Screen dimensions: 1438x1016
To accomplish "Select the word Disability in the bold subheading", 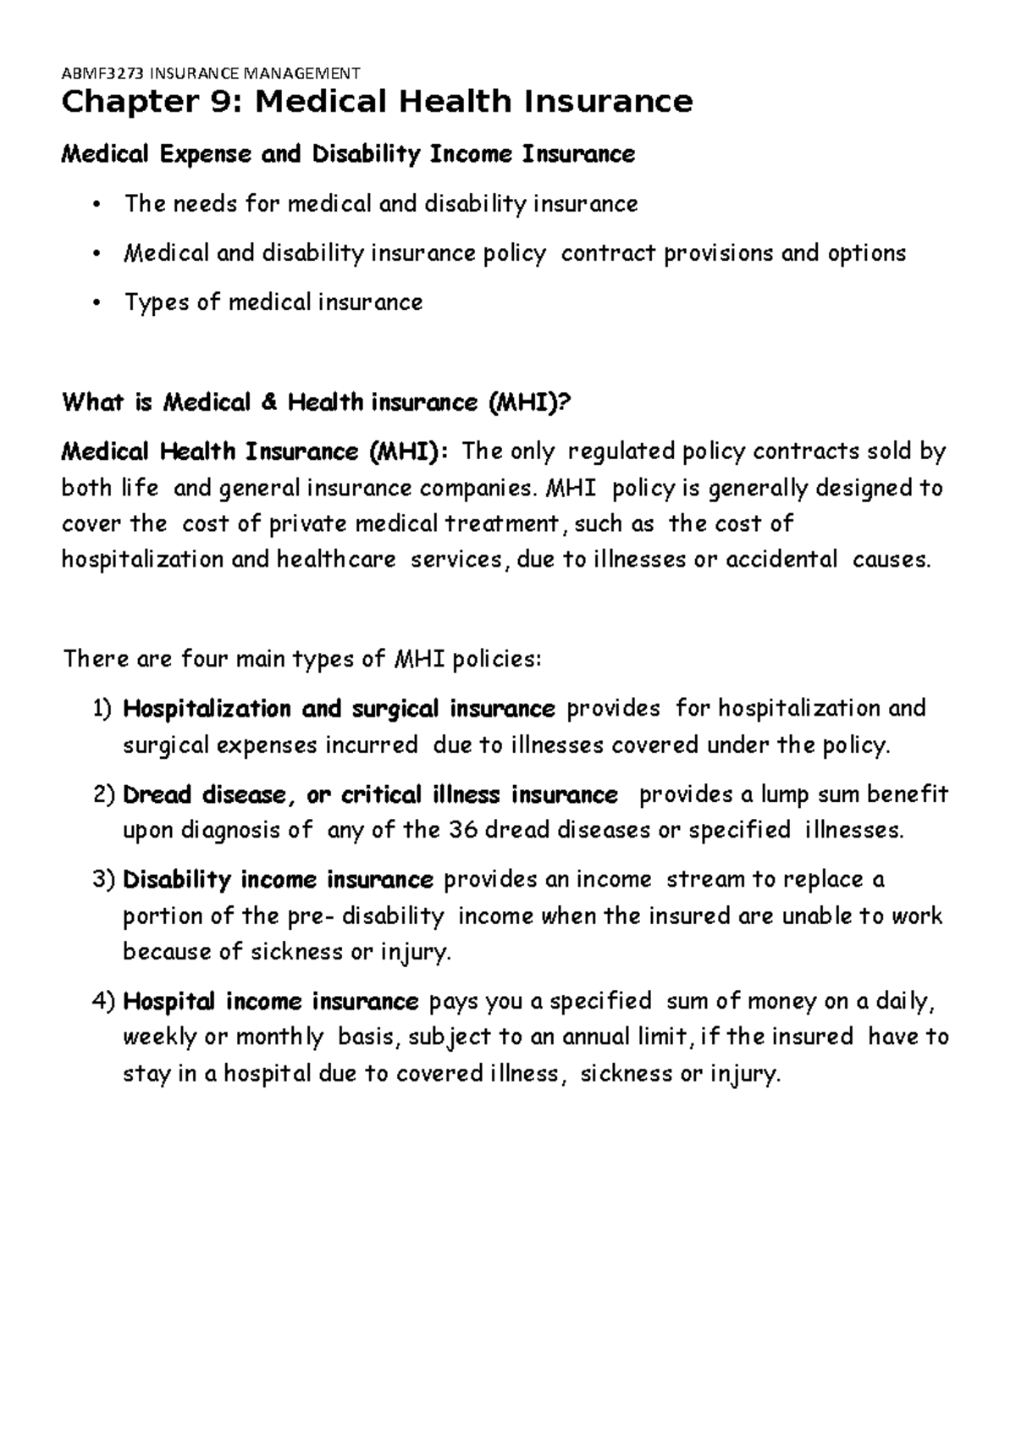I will click(x=364, y=154).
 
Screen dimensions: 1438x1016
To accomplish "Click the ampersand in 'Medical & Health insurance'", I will click(x=269, y=402).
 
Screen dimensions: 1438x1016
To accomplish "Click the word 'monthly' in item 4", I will click(x=279, y=1037).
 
